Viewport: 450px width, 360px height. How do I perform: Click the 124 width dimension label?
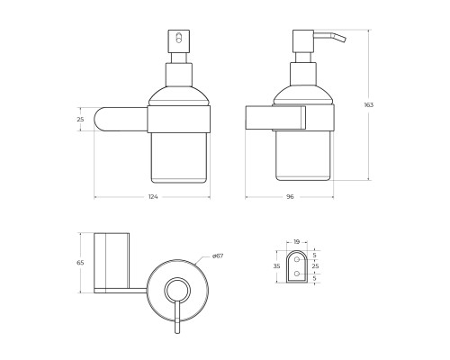[153, 197]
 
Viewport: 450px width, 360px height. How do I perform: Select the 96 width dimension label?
[290, 197]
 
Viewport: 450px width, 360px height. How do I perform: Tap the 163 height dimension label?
[369, 105]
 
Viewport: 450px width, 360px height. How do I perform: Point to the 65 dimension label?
[80, 263]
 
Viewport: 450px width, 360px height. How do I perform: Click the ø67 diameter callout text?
[218, 256]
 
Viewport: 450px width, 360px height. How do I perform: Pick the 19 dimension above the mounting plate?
[296, 241]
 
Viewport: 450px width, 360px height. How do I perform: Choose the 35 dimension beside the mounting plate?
[276, 266]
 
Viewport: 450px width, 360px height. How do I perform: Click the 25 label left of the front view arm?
[80, 120]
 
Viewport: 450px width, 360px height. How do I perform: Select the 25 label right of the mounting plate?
[315, 266]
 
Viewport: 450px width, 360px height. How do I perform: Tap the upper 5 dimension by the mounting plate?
[314, 256]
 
